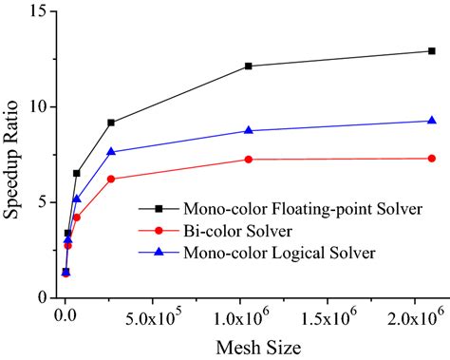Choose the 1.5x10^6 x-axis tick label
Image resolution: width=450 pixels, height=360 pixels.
337,315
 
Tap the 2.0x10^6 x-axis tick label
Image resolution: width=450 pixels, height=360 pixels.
424,315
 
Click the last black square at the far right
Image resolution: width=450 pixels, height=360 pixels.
432,51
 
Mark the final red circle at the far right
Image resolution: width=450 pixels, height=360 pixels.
432,159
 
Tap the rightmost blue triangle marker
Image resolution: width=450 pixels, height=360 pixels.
432,121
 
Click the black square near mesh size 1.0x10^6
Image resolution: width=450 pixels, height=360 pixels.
249,66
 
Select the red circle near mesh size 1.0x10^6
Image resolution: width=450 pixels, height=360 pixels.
249,160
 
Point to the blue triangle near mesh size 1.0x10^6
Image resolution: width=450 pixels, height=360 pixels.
249,130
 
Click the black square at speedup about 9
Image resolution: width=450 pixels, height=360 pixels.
111,123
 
